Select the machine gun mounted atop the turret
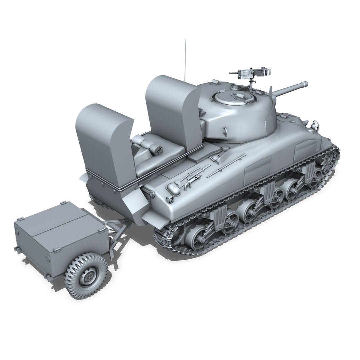click(251, 72)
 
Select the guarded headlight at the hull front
click(313, 126)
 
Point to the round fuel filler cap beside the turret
click(222, 147)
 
